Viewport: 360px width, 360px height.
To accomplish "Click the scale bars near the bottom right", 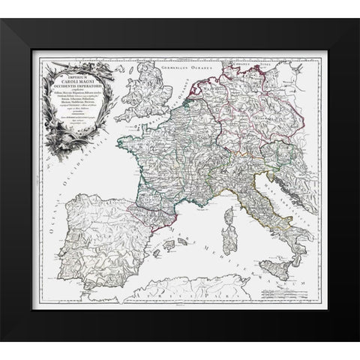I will point(292,295).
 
